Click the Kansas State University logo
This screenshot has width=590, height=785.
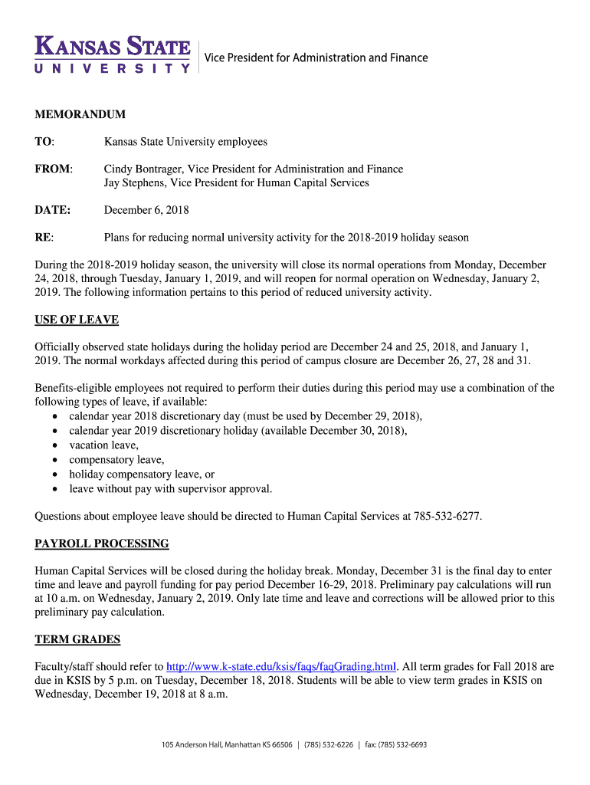112,54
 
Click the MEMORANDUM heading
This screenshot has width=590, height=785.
80,114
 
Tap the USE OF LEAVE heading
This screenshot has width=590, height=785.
77,320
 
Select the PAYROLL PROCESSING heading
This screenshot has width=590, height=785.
102,544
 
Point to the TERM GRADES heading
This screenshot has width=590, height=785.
77,639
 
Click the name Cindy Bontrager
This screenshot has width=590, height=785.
143,169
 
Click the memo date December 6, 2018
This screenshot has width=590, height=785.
146,209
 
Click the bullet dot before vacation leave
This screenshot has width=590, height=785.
55,445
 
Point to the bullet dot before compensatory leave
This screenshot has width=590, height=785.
55,460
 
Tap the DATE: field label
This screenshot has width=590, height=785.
53,209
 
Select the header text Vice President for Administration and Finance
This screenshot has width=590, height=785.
316,57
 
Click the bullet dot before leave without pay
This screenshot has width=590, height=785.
55,489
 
